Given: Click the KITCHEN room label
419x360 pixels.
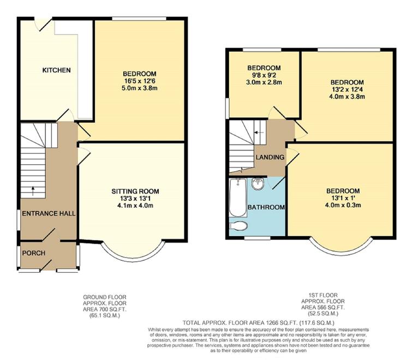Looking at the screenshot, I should tap(57, 70).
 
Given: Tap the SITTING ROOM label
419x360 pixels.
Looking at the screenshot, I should tap(135, 191).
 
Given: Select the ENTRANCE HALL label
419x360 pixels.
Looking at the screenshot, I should tap(48, 213).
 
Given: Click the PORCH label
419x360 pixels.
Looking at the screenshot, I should tap(34, 253).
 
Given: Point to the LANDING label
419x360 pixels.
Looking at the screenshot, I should tap(270, 158).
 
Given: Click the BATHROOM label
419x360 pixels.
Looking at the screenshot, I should tap(266, 207).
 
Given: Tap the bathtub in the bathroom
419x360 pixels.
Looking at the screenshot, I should tap(237, 197).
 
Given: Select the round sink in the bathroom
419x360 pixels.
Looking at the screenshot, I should tap(258, 184).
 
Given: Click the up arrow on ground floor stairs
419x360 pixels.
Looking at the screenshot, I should tap(33, 191).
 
